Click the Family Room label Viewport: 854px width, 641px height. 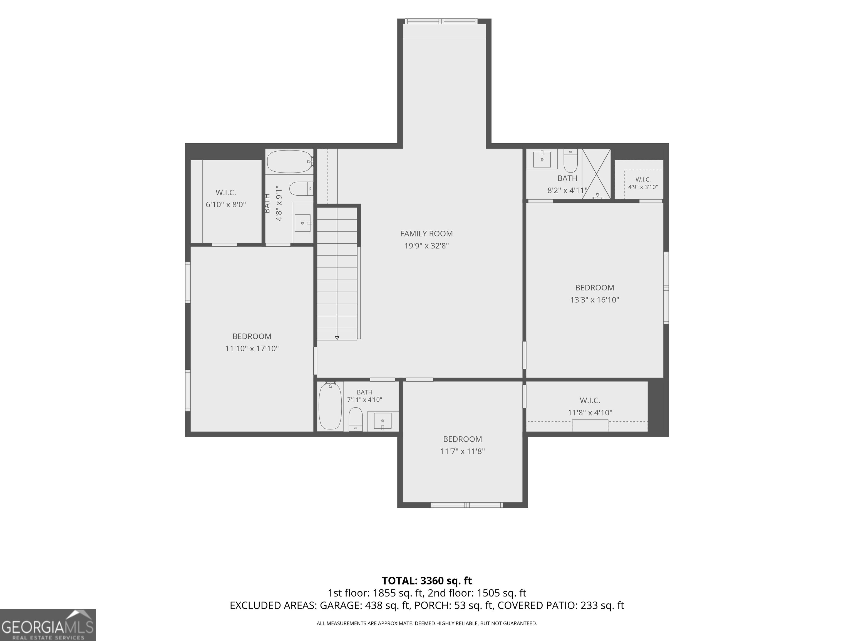tap(426, 233)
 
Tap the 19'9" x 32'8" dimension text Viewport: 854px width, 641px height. tap(426, 246)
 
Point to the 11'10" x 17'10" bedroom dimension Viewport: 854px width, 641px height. tap(252, 349)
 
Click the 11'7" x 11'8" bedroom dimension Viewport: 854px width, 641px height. tap(463, 451)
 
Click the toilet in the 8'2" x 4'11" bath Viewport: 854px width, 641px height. tap(570, 161)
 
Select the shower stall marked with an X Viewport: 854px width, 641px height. tap(597, 174)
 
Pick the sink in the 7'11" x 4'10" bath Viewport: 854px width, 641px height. tap(382, 421)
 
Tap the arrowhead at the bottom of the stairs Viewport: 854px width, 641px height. tap(337, 338)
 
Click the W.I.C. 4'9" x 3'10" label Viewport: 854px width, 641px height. tap(643, 183)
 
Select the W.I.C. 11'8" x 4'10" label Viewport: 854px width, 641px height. tap(590, 406)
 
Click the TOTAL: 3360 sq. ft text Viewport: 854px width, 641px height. tap(427, 581)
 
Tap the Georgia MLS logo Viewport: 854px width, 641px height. tap(48, 625)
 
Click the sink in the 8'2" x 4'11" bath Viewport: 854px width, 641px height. tap(542, 159)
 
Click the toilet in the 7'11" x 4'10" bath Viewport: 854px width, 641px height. tap(356, 419)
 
